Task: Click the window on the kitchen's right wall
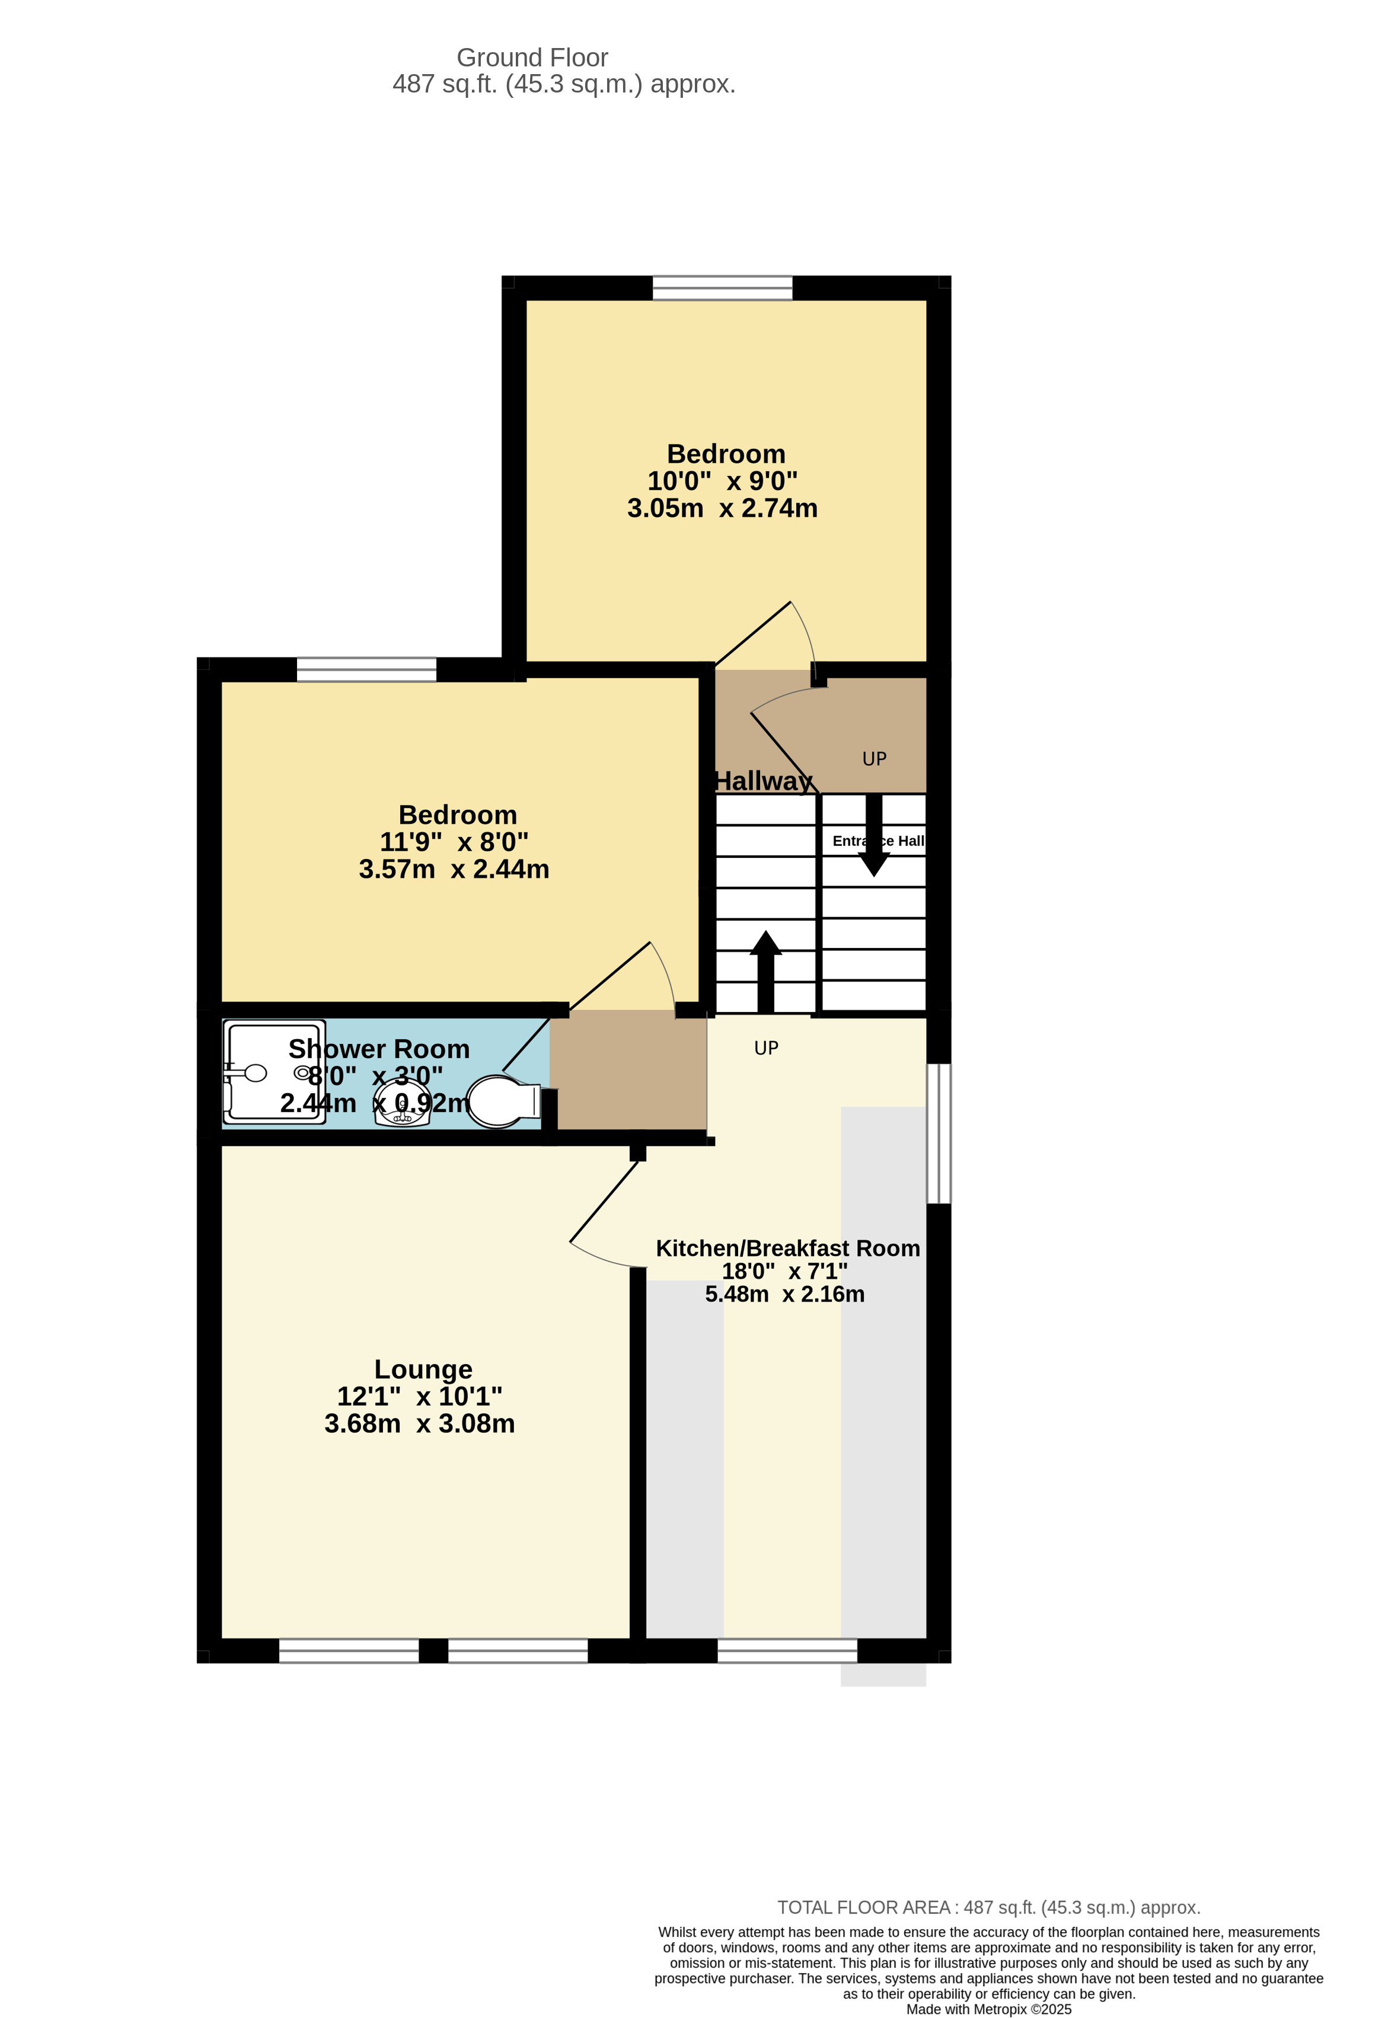coord(939,1133)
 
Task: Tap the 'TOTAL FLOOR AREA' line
coord(988,1908)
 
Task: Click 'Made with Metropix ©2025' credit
coord(988,2009)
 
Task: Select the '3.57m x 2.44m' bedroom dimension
coord(454,869)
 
